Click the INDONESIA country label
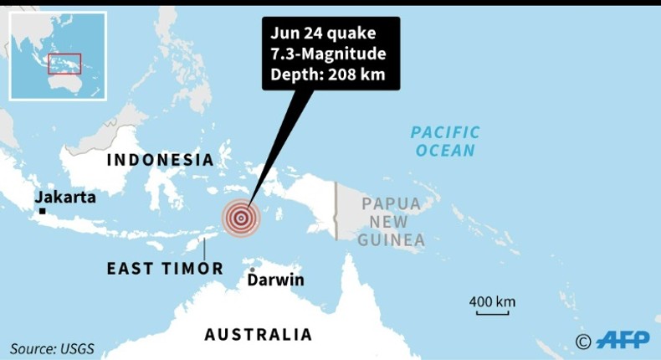click(159, 160)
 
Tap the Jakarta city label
click(65, 197)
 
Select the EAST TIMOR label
click(165, 269)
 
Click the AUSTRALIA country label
click(258, 335)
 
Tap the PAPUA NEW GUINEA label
click(391, 222)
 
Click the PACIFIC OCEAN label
click(445, 141)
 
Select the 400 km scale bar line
click(492, 314)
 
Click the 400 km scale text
click(492, 301)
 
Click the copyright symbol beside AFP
click(583, 340)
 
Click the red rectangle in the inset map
click(64, 64)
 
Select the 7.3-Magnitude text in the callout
click(327, 54)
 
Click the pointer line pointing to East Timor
click(205, 249)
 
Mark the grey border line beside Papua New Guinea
click(336, 209)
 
